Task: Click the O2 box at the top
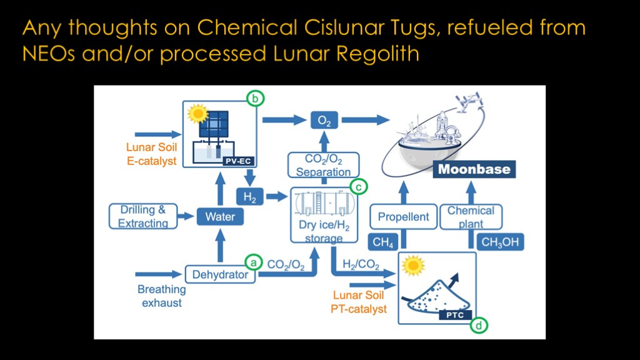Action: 324,121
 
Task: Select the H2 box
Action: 249,197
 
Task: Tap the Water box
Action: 220,217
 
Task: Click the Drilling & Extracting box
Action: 142,216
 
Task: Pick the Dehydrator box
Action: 220,274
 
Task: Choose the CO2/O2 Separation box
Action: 323,165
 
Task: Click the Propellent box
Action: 403,217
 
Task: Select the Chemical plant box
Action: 471,217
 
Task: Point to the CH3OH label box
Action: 500,242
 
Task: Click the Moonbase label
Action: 474,169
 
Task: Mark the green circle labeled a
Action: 252,262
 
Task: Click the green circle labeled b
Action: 255,98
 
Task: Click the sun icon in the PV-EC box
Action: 198,114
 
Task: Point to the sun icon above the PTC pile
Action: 413,266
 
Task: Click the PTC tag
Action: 455,315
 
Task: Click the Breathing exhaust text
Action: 161,296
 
